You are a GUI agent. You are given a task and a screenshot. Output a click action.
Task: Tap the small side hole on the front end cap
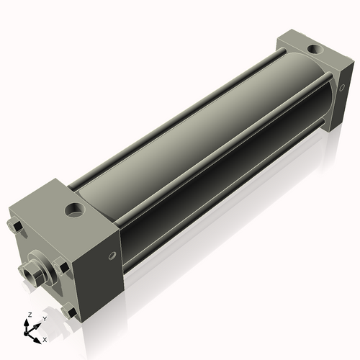tap(112, 256)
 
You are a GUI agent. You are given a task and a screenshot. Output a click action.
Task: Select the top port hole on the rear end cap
tap(315, 50)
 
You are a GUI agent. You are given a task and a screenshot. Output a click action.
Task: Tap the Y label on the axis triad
tap(44, 318)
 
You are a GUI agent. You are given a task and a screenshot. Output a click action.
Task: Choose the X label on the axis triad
tap(45, 338)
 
